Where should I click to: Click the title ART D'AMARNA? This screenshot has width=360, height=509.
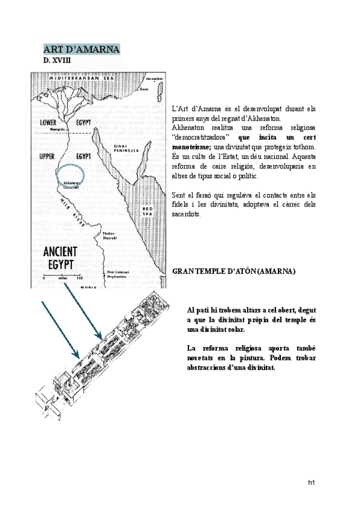[82, 49]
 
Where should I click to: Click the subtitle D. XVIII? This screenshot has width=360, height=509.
[57, 61]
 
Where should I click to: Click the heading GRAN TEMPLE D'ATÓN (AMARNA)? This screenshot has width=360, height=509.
[233, 271]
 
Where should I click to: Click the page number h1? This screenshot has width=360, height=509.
[311, 482]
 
